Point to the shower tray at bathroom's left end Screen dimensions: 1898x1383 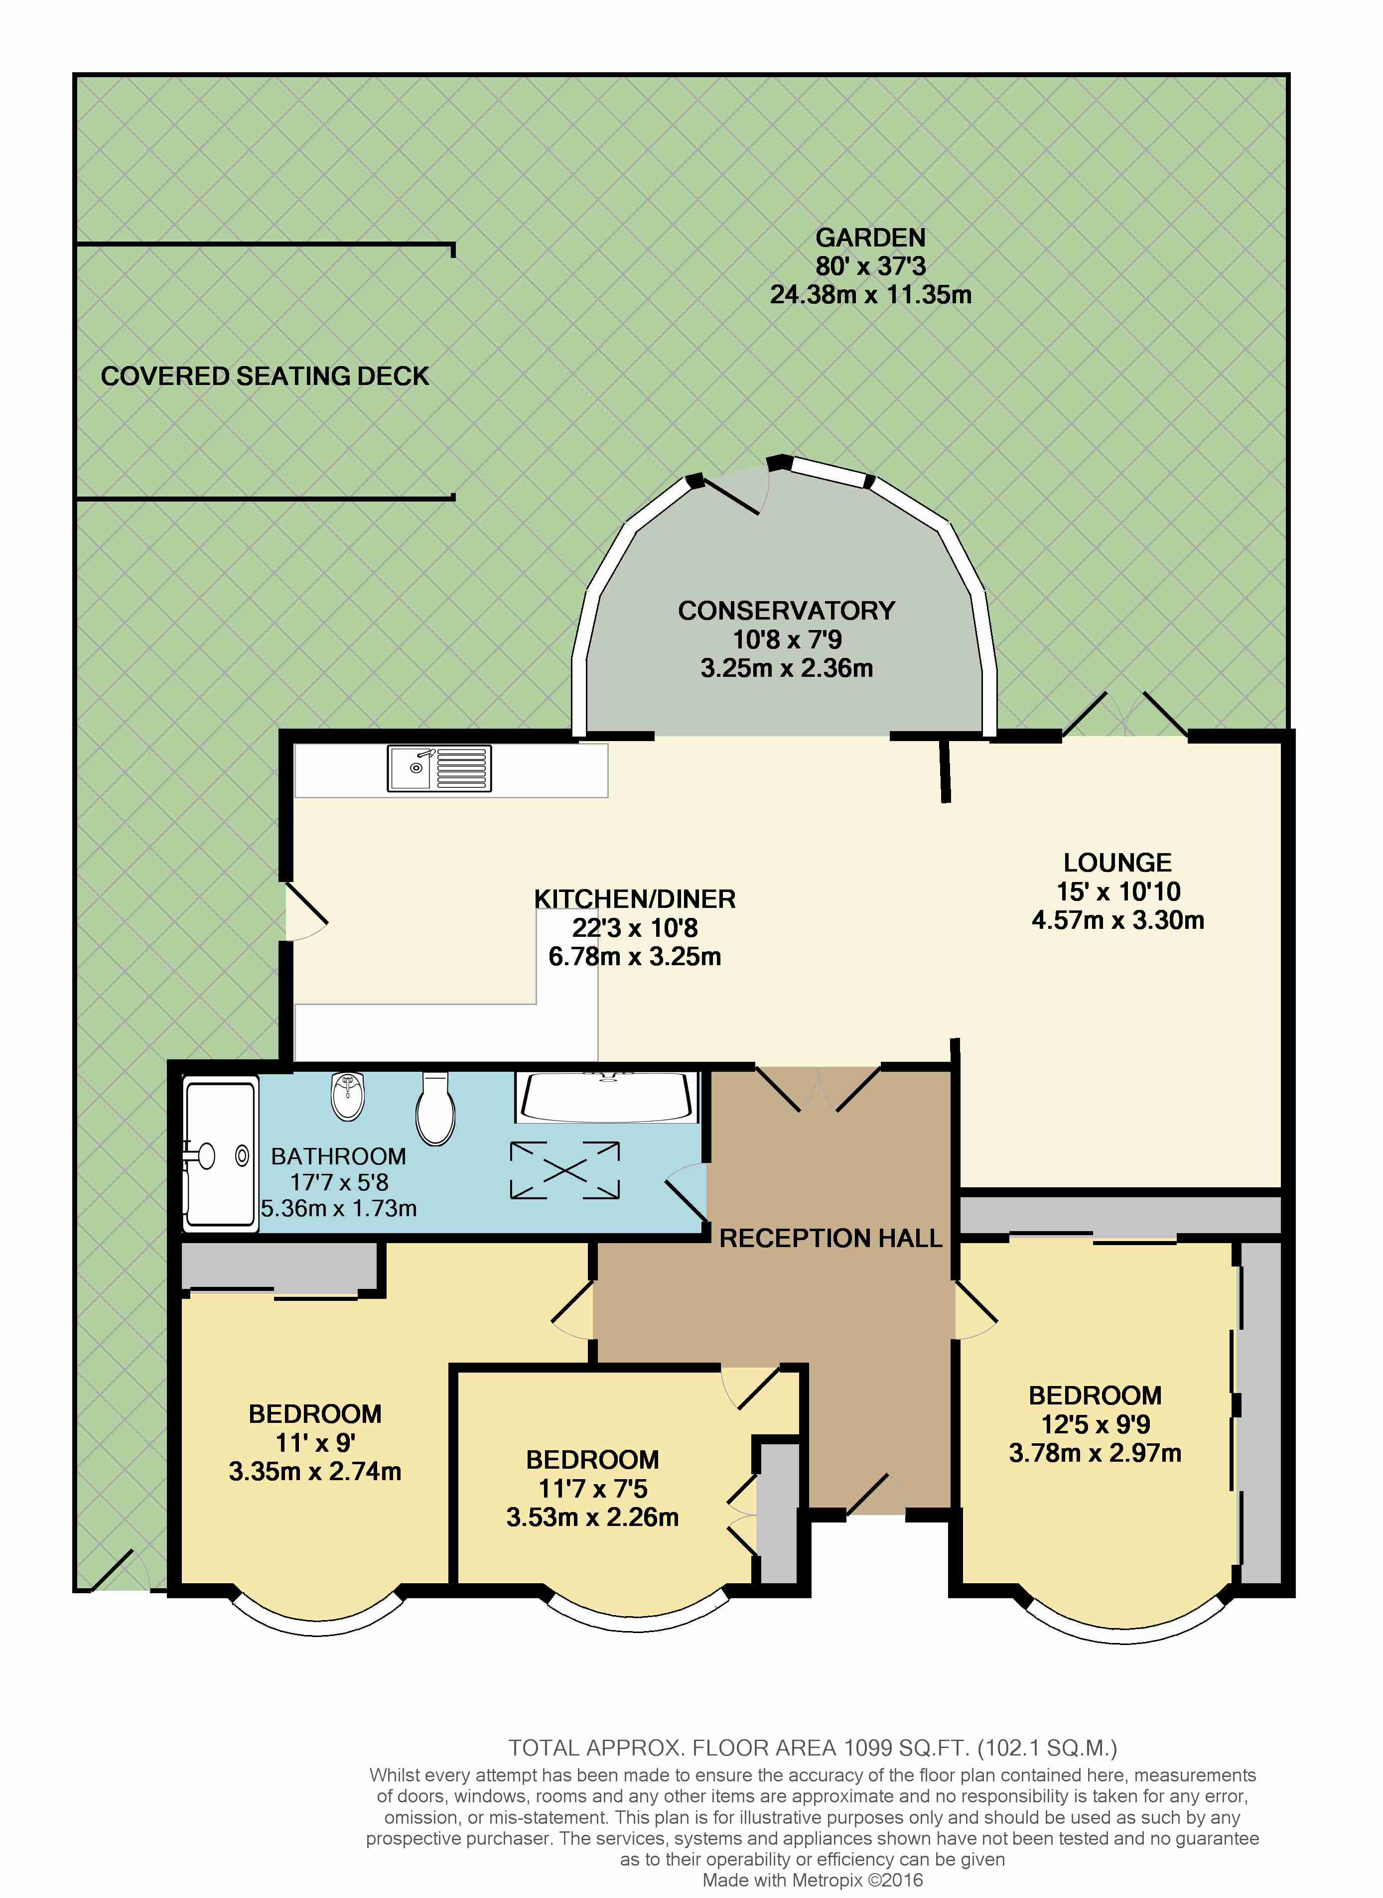219,1156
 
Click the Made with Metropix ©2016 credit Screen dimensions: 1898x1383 812,1881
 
